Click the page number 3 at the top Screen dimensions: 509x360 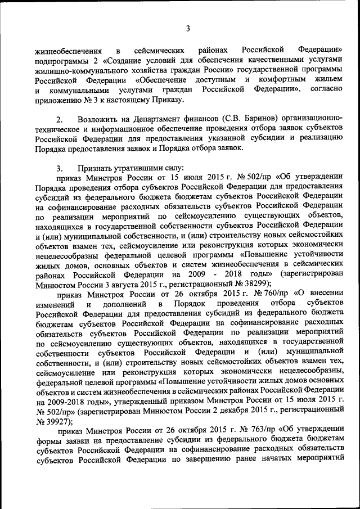pos(188,29)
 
